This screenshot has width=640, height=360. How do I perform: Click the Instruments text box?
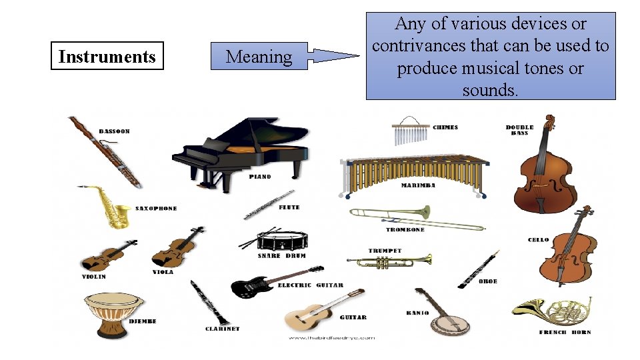(x=107, y=56)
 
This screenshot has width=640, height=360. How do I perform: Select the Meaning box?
(x=259, y=56)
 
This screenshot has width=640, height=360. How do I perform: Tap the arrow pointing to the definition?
(x=335, y=56)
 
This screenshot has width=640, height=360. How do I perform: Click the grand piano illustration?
(x=240, y=153)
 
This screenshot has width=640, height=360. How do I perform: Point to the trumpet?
(x=393, y=261)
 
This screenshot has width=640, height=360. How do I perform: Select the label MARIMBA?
(x=418, y=185)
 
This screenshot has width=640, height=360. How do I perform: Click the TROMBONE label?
(x=405, y=230)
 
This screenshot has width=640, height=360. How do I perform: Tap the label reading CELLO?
(x=538, y=240)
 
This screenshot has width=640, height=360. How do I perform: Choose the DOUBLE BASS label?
(x=520, y=130)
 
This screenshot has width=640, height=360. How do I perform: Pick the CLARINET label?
(x=222, y=329)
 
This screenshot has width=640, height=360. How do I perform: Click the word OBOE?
(x=488, y=281)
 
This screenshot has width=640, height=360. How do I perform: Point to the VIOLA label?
(x=163, y=272)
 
